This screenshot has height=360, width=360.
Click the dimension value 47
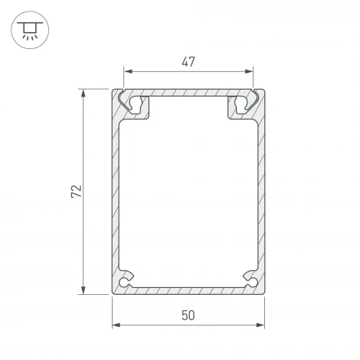188,62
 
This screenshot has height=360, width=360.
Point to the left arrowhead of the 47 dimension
127,73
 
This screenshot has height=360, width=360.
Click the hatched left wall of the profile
116,191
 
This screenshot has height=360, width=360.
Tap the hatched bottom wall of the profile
188,290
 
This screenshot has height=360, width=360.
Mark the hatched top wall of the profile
188,93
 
